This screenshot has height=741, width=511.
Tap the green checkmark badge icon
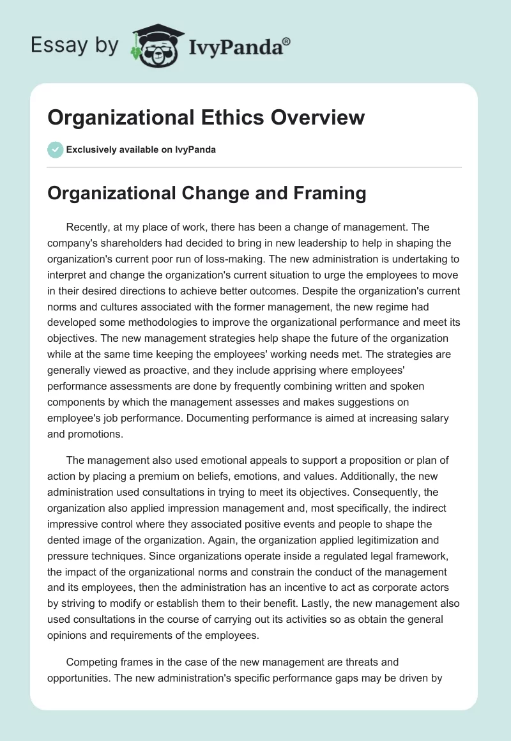(55, 149)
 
